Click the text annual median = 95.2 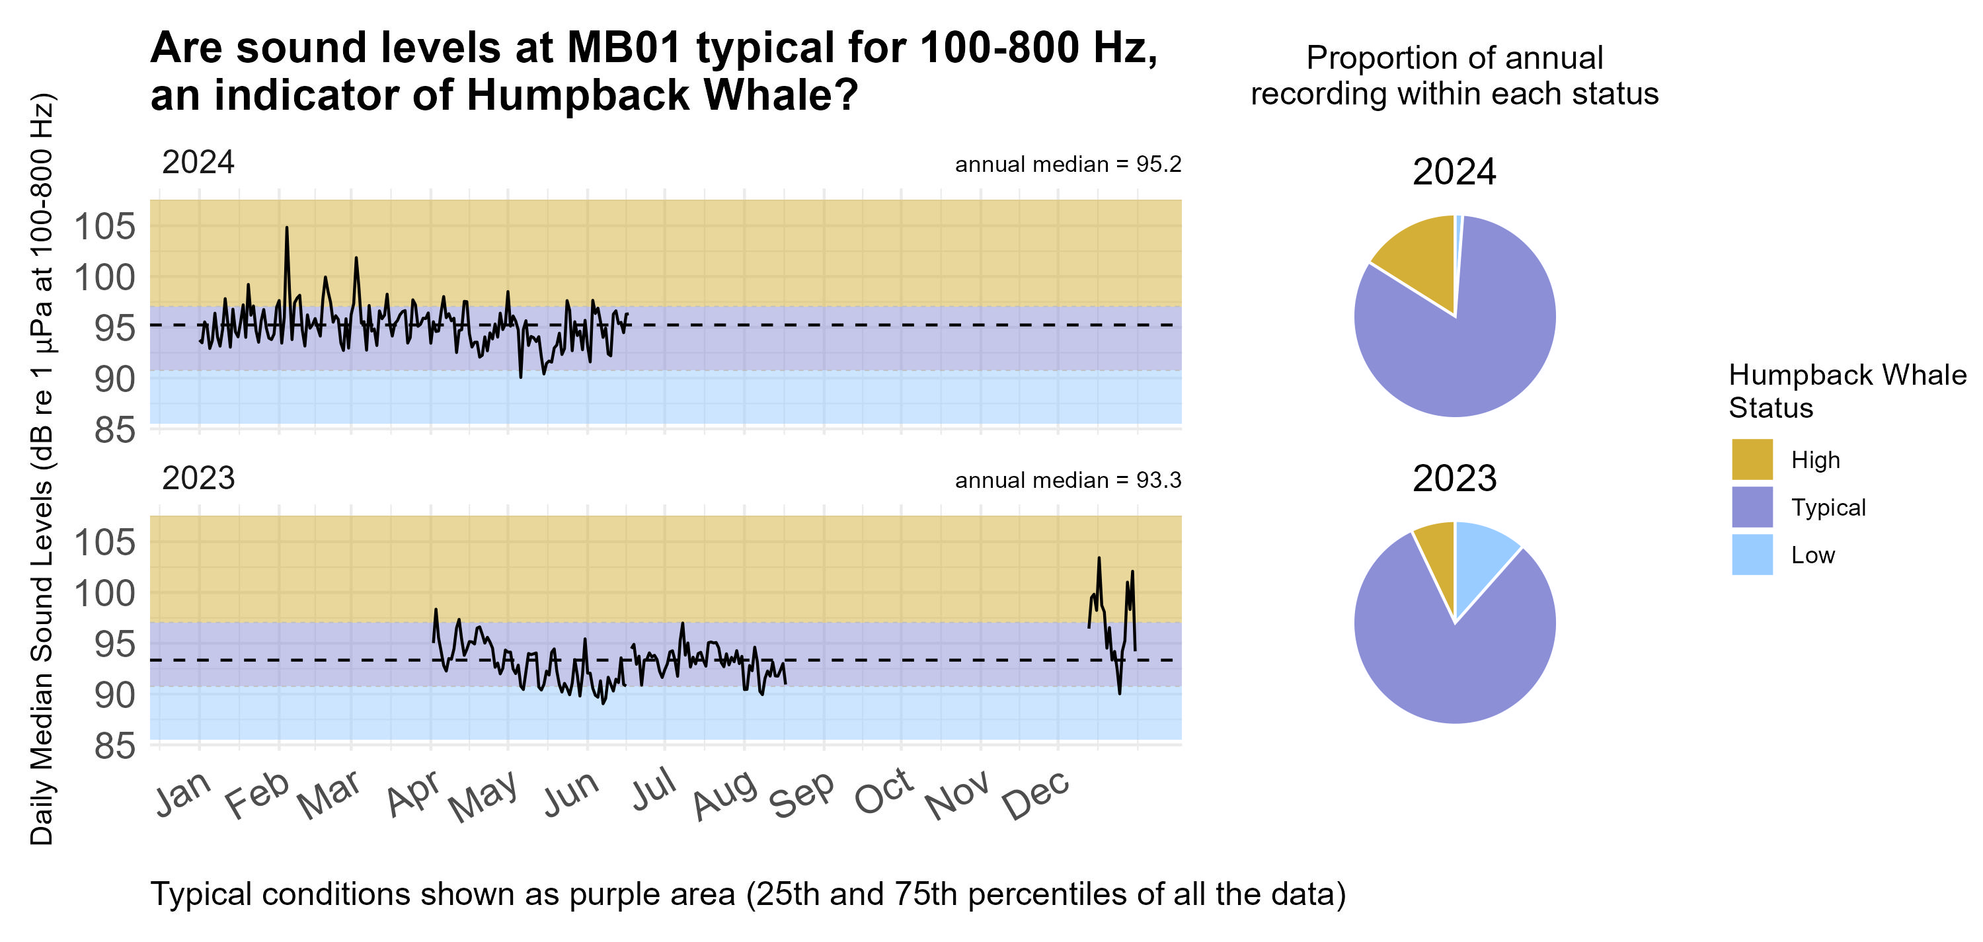1067,164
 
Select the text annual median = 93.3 1067,480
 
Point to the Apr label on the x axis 413,793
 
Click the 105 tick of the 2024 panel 104,226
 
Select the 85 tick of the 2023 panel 114,746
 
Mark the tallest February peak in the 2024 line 286,228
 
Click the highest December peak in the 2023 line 1099,558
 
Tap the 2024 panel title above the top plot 198,163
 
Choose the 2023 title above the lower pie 1454,479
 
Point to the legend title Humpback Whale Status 1846,391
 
